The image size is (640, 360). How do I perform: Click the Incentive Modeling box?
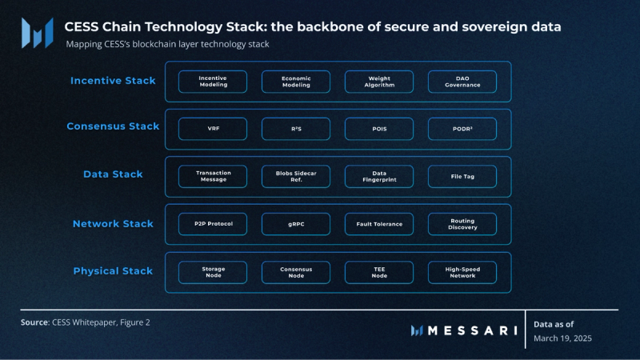click(212, 81)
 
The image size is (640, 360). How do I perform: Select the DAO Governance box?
click(462, 81)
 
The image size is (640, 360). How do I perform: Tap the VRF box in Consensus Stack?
click(212, 129)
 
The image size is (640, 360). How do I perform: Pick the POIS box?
click(379, 129)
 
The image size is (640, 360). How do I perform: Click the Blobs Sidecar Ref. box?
click(295, 176)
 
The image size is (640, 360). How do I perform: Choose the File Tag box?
click(462, 176)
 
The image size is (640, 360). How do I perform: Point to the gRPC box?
click(295, 224)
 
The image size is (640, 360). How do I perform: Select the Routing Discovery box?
click(462, 224)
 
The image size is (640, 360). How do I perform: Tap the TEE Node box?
click(379, 272)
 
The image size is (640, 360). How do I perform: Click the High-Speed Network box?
click(462, 272)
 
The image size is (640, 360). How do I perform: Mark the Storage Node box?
click(212, 272)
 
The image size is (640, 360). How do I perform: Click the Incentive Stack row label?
click(113, 81)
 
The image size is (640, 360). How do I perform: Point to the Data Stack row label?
click(113, 174)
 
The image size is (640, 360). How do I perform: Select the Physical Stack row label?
click(113, 271)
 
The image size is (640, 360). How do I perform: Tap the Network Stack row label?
click(113, 224)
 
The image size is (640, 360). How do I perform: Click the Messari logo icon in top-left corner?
click(37, 33)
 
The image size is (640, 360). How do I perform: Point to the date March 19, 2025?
click(562, 338)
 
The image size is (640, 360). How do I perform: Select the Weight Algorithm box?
click(379, 81)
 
